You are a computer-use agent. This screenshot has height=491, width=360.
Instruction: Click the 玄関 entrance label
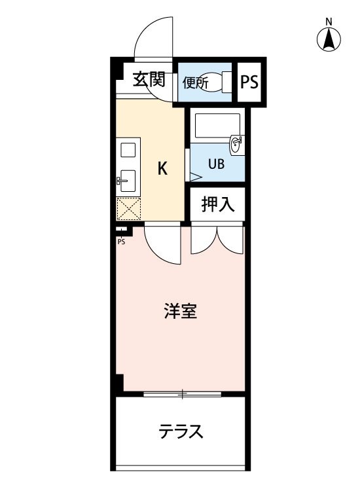click(149, 79)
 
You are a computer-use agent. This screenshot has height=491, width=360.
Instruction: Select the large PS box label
click(249, 82)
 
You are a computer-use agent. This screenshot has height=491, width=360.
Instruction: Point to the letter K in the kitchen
click(162, 168)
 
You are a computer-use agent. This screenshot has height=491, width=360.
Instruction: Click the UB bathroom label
click(216, 164)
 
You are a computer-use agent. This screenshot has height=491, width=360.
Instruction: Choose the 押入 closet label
click(217, 204)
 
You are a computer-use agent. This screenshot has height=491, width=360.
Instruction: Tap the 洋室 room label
click(181, 311)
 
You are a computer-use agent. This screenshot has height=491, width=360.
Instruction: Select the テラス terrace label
click(181, 431)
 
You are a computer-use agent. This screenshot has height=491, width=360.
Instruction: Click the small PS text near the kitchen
click(121, 242)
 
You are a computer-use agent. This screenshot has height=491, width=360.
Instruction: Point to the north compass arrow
click(329, 39)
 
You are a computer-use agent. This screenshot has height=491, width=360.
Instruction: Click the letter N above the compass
click(329, 22)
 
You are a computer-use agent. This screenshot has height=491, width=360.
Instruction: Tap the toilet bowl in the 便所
click(215, 82)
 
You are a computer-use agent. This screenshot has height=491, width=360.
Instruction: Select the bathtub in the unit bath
click(217, 125)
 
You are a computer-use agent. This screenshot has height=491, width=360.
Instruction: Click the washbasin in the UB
click(236, 145)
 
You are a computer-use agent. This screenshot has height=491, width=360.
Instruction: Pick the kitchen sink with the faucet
click(128, 181)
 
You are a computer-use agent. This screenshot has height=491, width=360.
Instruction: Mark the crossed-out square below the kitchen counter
click(128, 209)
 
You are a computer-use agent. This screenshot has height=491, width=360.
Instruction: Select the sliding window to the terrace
click(182, 394)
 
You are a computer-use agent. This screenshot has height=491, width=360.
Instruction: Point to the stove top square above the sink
click(128, 150)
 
